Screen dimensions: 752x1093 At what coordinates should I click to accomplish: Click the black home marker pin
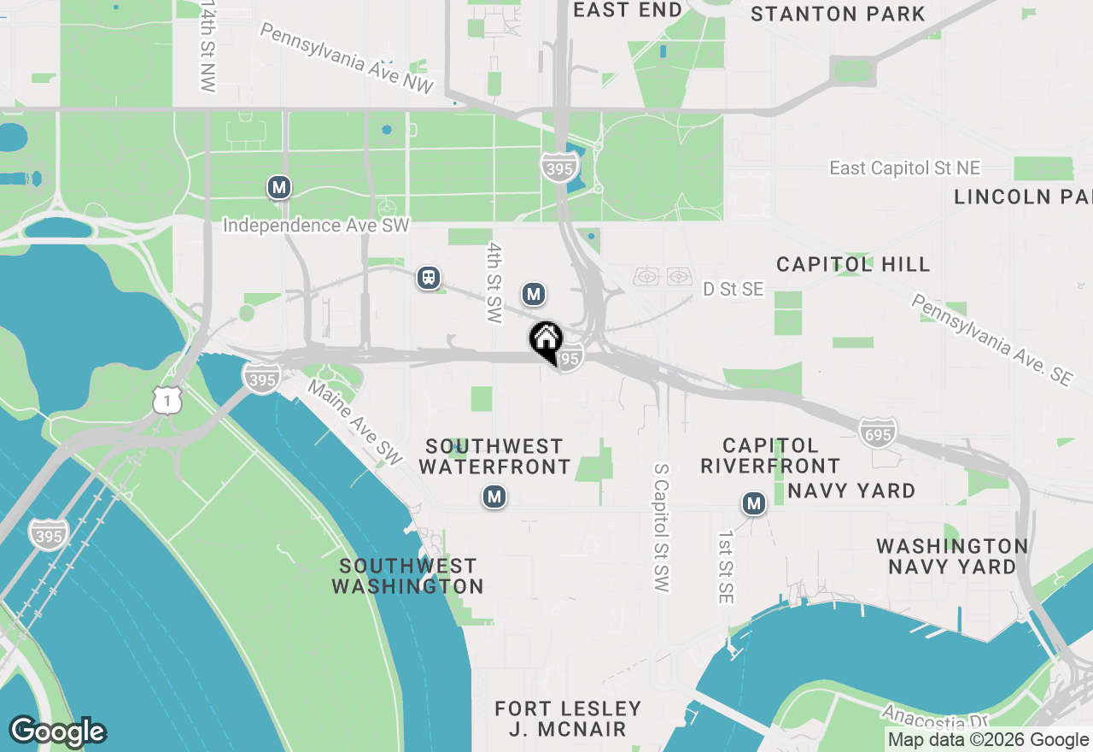pyautogui.click(x=546, y=341)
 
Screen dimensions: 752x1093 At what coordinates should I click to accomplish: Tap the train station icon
pyautogui.click(x=429, y=278)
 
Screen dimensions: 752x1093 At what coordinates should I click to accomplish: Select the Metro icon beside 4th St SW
pyautogui.click(x=534, y=295)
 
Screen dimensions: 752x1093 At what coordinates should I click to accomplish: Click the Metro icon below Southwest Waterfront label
pyautogui.click(x=494, y=496)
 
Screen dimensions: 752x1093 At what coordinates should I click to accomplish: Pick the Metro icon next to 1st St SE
pyautogui.click(x=753, y=504)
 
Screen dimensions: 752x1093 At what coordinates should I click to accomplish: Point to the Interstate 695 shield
pyautogui.click(x=878, y=432)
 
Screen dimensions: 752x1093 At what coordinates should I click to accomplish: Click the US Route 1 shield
pyautogui.click(x=168, y=399)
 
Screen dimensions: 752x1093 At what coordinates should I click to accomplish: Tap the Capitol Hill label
pyautogui.click(x=853, y=264)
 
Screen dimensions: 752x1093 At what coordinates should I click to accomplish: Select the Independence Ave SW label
pyautogui.click(x=316, y=226)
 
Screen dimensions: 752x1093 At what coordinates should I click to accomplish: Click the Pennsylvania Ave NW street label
pyautogui.click(x=347, y=58)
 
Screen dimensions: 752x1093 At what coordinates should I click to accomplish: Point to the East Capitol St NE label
pyautogui.click(x=904, y=168)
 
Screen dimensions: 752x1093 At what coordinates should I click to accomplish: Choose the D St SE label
pyautogui.click(x=733, y=290)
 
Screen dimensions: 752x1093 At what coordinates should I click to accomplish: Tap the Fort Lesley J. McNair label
pyautogui.click(x=568, y=719)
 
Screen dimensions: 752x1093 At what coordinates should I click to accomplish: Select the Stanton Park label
pyautogui.click(x=837, y=14)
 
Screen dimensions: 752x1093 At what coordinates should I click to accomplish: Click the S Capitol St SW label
pyautogui.click(x=661, y=527)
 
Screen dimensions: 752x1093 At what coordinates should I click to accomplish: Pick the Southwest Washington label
pyautogui.click(x=407, y=576)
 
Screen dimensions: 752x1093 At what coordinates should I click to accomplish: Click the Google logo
pyautogui.click(x=57, y=732)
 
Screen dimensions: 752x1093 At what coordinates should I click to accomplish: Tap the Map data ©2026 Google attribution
pyautogui.click(x=988, y=740)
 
